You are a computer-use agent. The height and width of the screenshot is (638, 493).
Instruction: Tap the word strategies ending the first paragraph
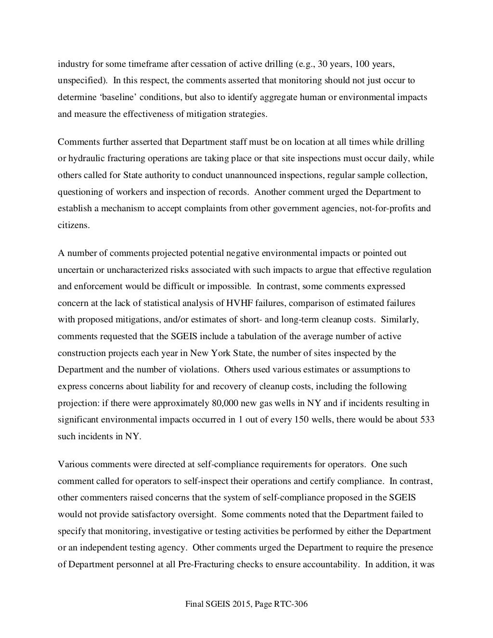tap(246, 114)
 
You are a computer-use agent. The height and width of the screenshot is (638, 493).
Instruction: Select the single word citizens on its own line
tap(73, 225)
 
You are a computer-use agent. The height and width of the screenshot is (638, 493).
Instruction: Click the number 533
tap(428, 420)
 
